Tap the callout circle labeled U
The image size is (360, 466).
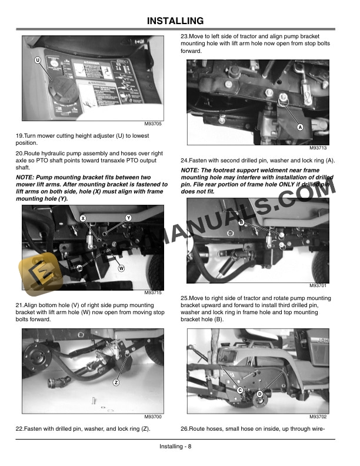(x=38, y=61)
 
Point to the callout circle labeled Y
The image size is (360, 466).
(x=128, y=218)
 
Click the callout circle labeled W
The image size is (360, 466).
(x=121, y=268)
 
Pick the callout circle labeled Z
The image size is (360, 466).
(x=116, y=383)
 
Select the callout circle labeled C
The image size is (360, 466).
(x=240, y=390)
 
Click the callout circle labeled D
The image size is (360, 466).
(x=260, y=394)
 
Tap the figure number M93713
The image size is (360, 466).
(x=318, y=148)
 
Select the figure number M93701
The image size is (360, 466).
(x=318, y=286)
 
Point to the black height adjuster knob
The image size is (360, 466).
(x=61, y=89)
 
